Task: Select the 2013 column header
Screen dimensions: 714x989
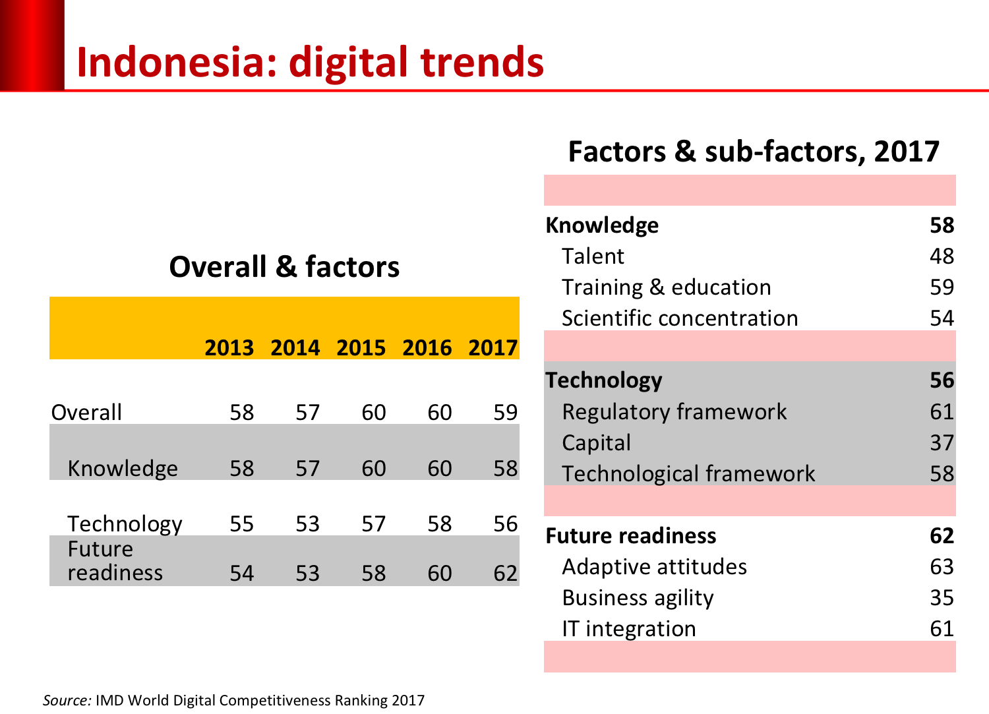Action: pyautogui.click(x=229, y=347)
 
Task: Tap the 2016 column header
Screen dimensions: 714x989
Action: pyautogui.click(x=427, y=347)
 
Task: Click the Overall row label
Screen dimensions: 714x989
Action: pyautogui.click(x=86, y=412)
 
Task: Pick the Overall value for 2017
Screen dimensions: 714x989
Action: pyautogui.click(x=505, y=412)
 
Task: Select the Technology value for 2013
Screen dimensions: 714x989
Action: pyautogui.click(x=241, y=523)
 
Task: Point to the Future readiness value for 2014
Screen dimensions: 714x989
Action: pyautogui.click(x=307, y=573)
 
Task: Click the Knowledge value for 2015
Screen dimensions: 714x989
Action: pyautogui.click(x=373, y=468)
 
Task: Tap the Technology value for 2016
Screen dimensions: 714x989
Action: pyautogui.click(x=439, y=523)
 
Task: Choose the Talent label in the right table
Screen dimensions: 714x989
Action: pyautogui.click(x=593, y=256)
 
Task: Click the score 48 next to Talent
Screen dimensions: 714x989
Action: pyautogui.click(x=942, y=256)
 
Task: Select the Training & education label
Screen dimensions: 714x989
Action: pyautogui.click(x=666, y=287)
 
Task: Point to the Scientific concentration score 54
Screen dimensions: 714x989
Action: pyautogui.click(x=942, y=318)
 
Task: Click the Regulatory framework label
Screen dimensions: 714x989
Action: pyautogui.click(x=674, y=412)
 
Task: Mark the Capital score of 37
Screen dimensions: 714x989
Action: pyautogui.click(x=942, y=442)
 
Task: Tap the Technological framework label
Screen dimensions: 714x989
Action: pyautogui.click(x=688, y=473)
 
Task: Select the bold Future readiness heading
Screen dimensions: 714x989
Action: pyautogui.click(x=631, y=535)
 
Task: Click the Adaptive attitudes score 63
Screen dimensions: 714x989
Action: pyautogui.click(x=942, y=566)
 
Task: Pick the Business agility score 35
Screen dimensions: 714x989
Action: pyautogui.click(x=942, y=597)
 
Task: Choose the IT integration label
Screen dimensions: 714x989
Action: pyautogui.click(x=629, y=628)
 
